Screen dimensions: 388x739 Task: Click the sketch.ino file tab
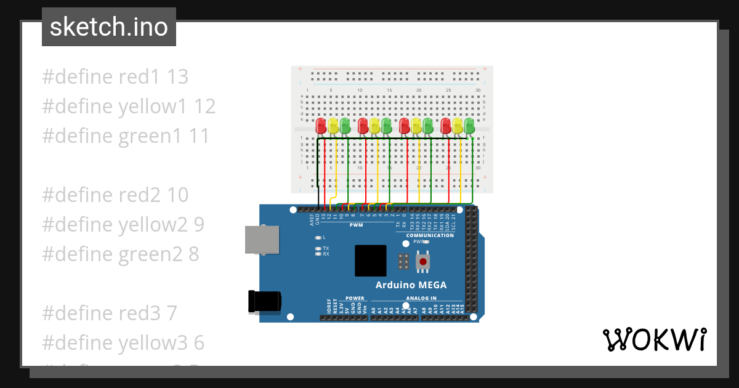click(109, 27)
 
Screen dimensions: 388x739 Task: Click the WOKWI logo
click(654, 339)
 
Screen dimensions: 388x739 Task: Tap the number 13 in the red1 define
click(177, 77)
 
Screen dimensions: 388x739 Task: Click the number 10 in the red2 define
click(177, 195)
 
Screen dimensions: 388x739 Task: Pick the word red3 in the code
click(140, 313)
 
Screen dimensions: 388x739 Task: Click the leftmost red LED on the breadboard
click(321, 126)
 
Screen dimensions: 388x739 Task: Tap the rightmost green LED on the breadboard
click(470, 126)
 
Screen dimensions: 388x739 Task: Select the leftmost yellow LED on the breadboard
click(333, 126)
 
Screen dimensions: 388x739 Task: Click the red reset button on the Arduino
click(423, 262)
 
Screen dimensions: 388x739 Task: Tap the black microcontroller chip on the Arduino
click(370, 261)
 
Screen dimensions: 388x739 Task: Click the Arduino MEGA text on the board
click(411, 285)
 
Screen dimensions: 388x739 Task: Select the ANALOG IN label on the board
click(421, 298)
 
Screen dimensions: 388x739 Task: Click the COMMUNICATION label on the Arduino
click(430, 235)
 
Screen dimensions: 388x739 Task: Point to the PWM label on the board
click(356, 225)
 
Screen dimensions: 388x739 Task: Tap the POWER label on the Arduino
click(355, 298)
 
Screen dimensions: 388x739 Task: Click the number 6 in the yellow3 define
click(200, 342)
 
